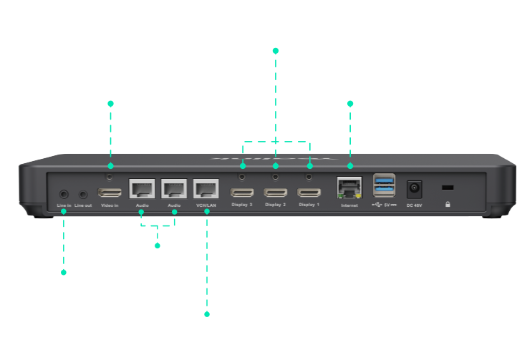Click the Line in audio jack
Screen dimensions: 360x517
pos(64,193)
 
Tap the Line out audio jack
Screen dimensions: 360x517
pos(83,193)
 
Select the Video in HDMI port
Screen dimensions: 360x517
pos(110,193)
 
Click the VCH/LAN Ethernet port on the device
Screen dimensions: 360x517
pos(206,189)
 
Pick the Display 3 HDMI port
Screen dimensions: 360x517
pos(242,193)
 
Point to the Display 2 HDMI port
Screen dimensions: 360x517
pos(276,193)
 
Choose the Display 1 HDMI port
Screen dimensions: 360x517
pos(309,193)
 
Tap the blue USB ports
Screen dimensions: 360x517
pos(384,185)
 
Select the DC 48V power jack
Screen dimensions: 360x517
pos(414,190)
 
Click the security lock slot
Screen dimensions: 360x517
pos(448,188)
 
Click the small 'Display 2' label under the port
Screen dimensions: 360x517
pos(276,205)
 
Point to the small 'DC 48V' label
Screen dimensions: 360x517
pos(415,205)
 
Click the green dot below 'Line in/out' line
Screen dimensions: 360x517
pos(64,272)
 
